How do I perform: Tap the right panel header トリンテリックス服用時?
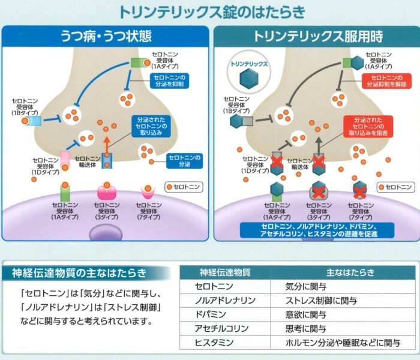click(317, 35)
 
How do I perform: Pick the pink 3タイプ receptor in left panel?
click(108, 193)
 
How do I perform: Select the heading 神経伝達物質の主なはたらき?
click(79, 273)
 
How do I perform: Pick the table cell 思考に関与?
click(306, 328)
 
